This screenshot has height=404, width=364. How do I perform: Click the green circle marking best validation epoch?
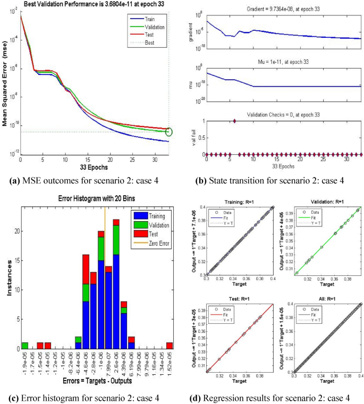point(169,131)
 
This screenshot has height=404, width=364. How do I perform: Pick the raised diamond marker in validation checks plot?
point(234,121)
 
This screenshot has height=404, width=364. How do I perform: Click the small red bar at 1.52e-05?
point(169,345)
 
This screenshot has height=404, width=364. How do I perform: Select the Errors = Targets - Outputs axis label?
point(93,381)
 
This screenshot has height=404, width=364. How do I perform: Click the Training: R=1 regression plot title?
point(242,203)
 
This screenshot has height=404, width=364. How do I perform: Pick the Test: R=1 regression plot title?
point(242,298)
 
